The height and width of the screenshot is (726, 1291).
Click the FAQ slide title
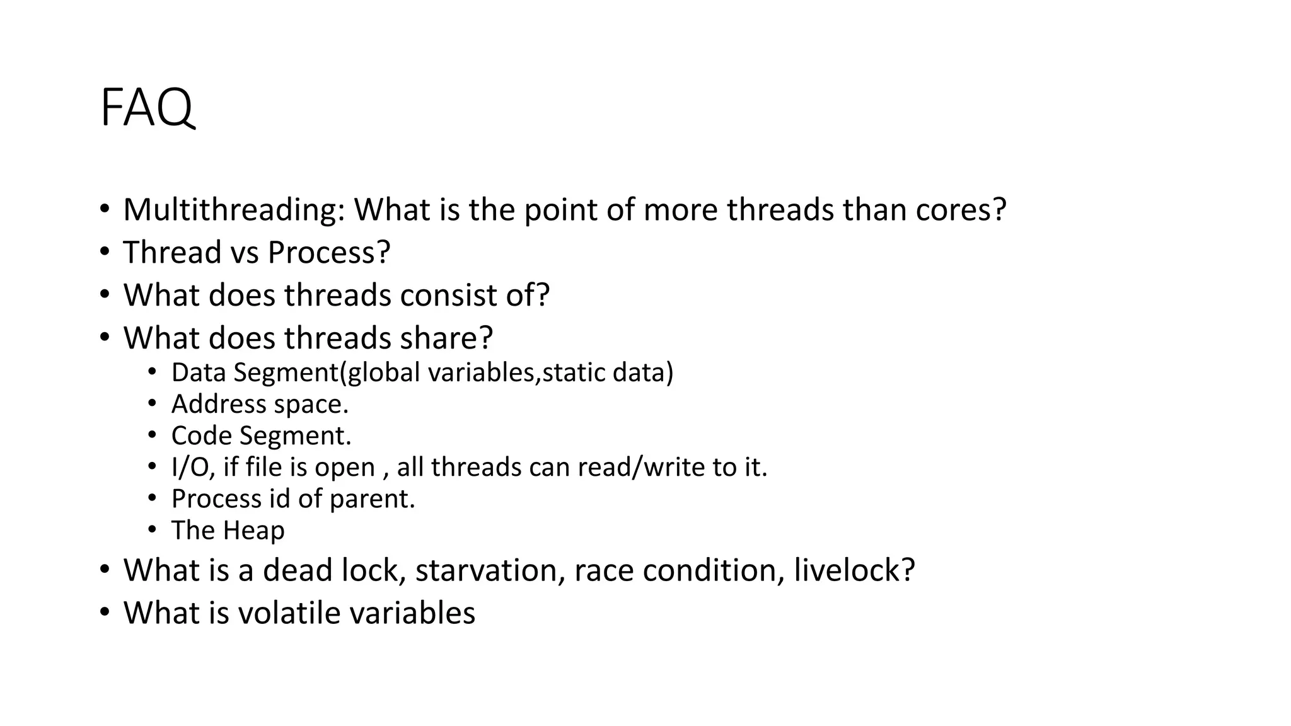[147, 108]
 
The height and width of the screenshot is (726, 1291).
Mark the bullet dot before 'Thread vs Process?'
[104, 251]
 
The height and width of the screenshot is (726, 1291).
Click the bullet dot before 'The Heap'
[152, 529]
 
